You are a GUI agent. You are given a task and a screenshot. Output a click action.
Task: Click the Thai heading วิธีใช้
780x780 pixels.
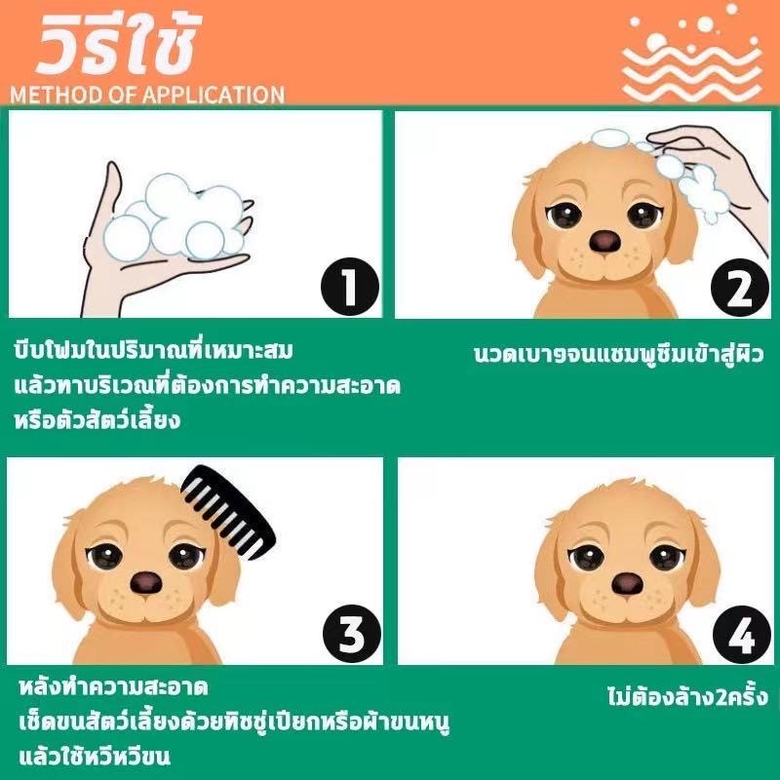(118, 45)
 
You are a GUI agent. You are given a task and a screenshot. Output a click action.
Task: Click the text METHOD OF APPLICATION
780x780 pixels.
(147, 95)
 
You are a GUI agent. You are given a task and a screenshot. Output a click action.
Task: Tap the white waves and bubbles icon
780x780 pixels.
(692, 54)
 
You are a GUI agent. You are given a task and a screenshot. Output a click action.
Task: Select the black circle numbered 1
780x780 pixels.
(350, 287)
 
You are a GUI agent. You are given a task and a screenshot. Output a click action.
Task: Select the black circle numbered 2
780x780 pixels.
(740, 288)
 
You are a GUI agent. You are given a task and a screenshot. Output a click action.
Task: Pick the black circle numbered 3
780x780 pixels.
(352, 634)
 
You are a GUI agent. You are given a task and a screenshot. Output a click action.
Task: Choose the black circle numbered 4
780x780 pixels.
(742, 635)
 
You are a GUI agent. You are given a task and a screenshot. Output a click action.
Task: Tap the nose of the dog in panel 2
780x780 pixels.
(604, 241)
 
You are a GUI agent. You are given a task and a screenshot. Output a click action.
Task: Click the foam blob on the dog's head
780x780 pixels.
(610, 138)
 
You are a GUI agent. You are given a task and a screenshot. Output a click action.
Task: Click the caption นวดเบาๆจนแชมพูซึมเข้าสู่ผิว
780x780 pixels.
(618, 354)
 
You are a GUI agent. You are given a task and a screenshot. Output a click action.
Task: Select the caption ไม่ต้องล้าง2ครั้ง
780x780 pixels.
(687, 696)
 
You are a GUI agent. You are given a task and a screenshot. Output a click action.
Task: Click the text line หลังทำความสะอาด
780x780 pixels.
(113, 688)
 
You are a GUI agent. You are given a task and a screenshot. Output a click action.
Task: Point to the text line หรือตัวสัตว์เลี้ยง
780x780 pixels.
(97, 419)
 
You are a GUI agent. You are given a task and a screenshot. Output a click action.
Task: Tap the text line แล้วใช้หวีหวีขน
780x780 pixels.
(95, 757)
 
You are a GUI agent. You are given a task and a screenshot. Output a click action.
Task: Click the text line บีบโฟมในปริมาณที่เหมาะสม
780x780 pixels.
(153, 350)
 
